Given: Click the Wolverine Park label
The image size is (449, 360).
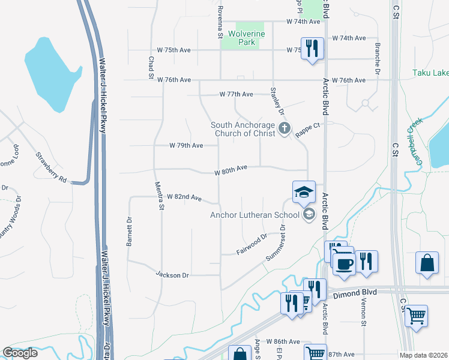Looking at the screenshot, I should pyautogui.click(x=244, y=38).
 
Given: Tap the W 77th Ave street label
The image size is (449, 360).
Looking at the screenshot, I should pyautogui.click(x=237, y=94).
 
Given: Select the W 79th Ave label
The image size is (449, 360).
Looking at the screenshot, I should pyautogui.click(x=185, y=145).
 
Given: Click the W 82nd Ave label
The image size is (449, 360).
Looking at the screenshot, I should pyautogui.click(x=184, y=197).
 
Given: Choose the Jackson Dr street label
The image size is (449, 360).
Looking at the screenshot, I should pyautogui.click(x=172, y=275).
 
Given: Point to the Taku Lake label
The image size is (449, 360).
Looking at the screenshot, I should pyautogui.click(x=430, y=73).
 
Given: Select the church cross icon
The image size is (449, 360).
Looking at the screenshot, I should pyautogui.click(x=285, y=127).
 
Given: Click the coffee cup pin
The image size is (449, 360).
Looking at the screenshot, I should pyautogui.click(x=344, y=263).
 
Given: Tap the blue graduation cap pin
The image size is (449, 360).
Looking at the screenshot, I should pyautogui.click(x=304, y=192).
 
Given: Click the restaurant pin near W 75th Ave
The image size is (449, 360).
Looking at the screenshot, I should pyautogui.click(x=312, y=48).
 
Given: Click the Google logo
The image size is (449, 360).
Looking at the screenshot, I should pyautogui.click(x=20, y=353).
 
